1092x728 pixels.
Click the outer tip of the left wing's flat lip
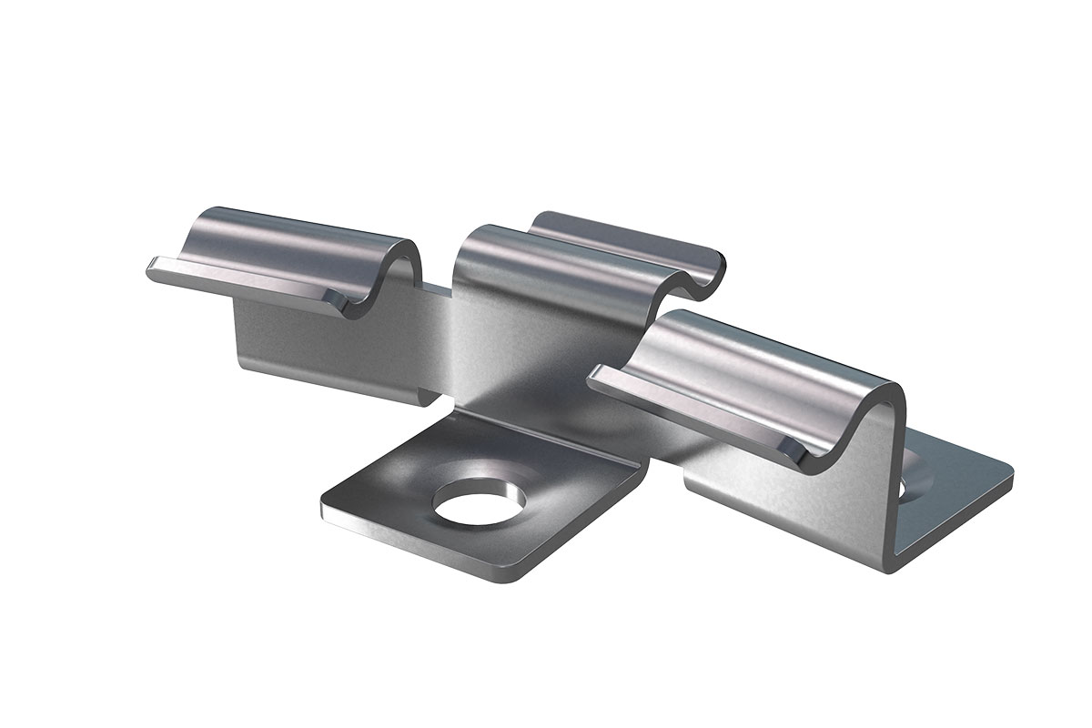[x=151, y=268]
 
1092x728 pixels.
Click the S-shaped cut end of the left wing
[x=400, y=273]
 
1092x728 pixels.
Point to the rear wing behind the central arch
[x=628, y=232]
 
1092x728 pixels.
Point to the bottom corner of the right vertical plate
[x=887, y=569]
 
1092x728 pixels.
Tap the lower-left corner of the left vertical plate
[x=244, y=369]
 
